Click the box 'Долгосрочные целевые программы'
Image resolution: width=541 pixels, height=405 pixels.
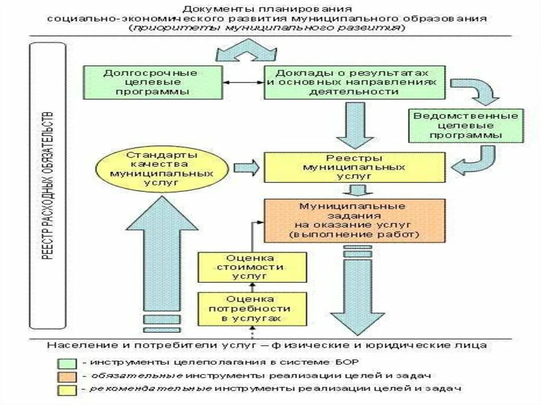[151, 82]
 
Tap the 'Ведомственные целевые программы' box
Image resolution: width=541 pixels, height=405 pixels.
[465, 126]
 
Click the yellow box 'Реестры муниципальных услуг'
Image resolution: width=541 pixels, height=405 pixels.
[355, 167]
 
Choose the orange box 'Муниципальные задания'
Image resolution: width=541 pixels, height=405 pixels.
[355, 220]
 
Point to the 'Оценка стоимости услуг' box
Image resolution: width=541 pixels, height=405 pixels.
[252, 267]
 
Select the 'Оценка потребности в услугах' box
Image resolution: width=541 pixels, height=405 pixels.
[252, 308]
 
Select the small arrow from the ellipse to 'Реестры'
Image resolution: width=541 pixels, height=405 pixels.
[246, 167]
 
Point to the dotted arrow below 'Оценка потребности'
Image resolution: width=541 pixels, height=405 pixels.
[252, 333]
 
